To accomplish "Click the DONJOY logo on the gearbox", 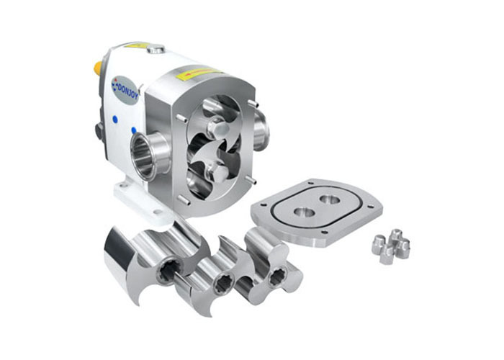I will pos(124,89).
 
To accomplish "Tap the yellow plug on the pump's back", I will pos(97,68).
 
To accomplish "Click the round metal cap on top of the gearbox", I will pos(156,50).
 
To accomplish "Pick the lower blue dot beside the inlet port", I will pos(133,130).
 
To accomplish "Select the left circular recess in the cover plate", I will pos(303,212).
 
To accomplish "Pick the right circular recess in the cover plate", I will pos(330,199).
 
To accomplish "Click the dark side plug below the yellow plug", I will pos(99,130).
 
